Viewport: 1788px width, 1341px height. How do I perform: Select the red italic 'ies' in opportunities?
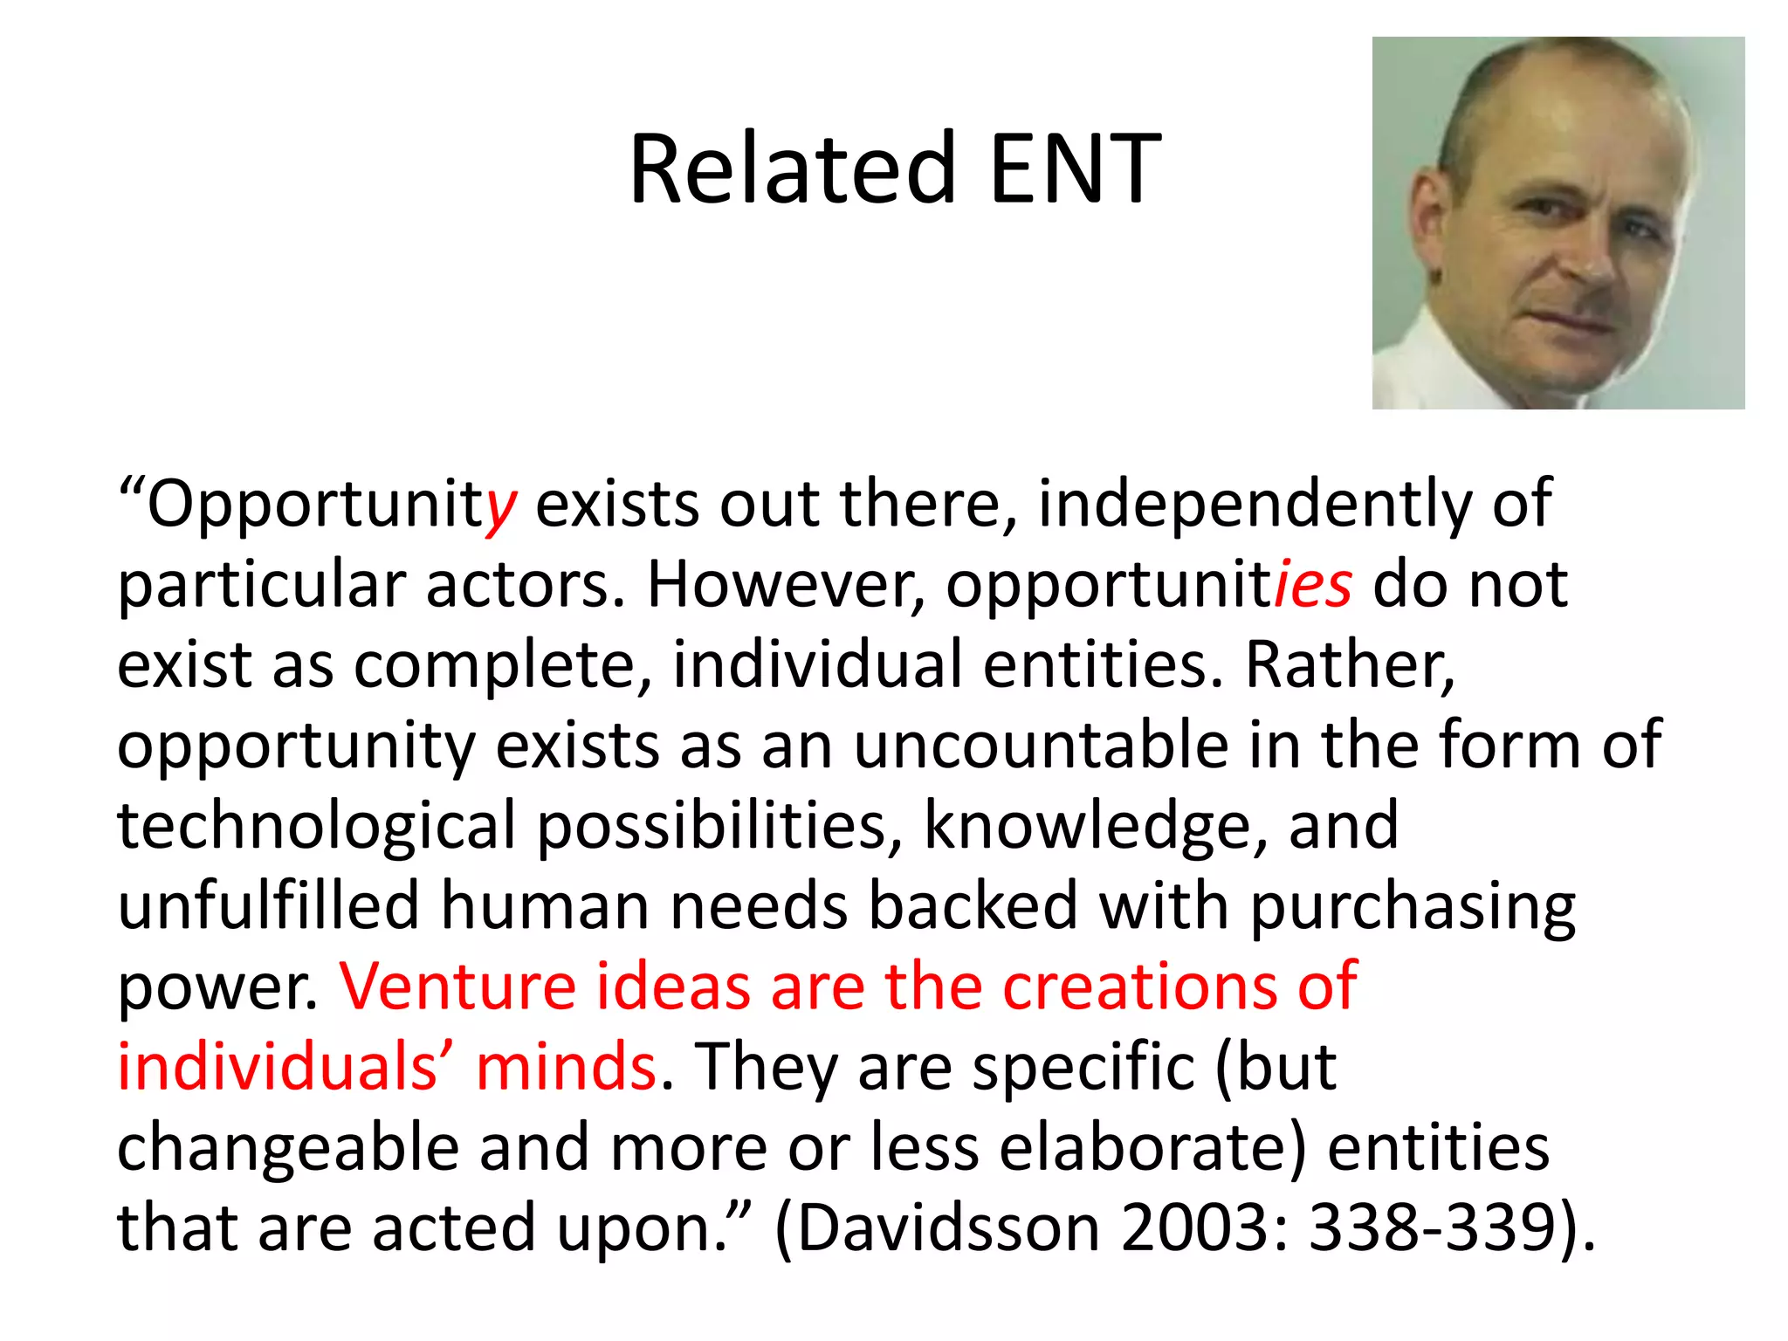click(x=1313, y=585)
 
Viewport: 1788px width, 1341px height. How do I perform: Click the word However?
click(x=785, y=585)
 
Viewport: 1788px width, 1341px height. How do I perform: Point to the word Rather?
click(x=1350, y=665)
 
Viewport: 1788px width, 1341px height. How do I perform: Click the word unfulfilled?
click(x=269, y=905)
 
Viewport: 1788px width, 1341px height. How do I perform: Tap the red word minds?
click(x=566, y=1067)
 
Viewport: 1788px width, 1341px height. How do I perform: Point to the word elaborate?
click(x=1152, y=1147)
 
